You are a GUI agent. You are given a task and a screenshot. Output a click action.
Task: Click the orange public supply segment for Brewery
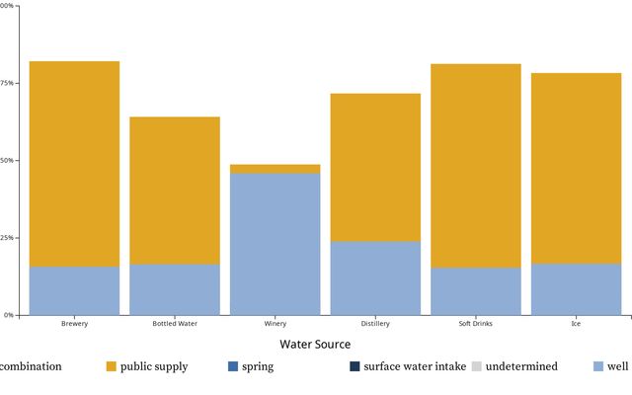click(x=74, y=164)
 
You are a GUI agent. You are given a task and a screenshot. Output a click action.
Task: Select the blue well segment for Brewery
click(x=74, y=290)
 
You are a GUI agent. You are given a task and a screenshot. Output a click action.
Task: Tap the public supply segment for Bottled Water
click(x=175, y=190)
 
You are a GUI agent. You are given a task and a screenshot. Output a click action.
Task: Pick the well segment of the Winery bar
click(x=276, y=244)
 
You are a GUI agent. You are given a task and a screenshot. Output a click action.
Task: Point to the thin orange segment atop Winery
click(x=276, y=169)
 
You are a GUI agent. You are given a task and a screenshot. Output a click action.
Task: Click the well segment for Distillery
click(x=375, y=277)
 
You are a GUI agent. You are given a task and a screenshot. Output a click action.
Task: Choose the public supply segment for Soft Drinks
click(x=476, y=166)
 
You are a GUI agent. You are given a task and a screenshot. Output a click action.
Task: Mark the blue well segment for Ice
click(x=577, y=288)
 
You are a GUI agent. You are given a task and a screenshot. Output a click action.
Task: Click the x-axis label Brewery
click(x=74, y=324)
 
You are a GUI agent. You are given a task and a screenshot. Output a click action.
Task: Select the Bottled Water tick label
click(x=175, y=324)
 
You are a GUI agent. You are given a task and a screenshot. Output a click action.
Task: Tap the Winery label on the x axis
click(x=276, y=324)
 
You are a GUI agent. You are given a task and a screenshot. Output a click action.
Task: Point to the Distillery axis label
click(x=375, y=324)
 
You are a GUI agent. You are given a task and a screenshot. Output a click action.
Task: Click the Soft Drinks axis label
click(x=476, y=324)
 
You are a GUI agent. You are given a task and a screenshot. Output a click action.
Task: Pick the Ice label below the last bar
click(x=577, y=324)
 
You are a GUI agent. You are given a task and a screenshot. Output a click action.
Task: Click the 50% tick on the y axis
click(x=7, y=160)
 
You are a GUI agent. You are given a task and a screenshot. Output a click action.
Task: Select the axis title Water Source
click(x=315, y=345)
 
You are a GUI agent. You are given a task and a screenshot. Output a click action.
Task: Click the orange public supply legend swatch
click(x=112, y=366)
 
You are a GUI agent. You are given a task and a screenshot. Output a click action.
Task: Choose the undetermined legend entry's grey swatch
click(x=476, y=366)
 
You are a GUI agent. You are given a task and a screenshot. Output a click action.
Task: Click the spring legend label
click(x=258, y=366)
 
